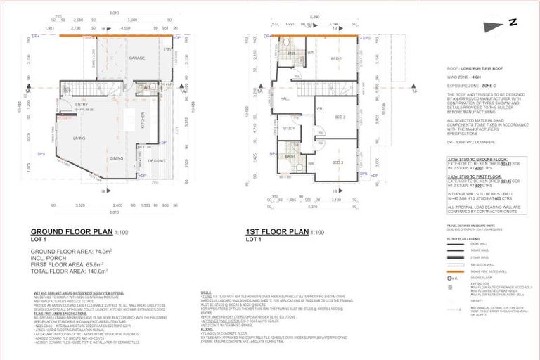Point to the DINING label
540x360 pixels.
(117, 158)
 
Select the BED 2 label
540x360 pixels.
(340, 117)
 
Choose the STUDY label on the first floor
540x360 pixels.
(288, 129)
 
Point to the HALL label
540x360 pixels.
(285, 99)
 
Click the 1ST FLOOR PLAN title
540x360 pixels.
(277, 231)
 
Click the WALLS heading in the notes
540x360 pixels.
(205, 290)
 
